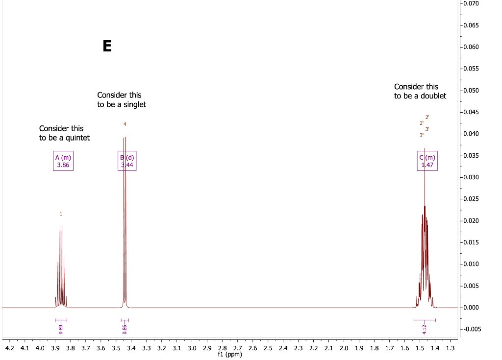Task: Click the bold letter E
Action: pyautogui.click(x=107, y=46)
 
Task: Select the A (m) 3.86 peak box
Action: pyautogui.click(x=63, y=161)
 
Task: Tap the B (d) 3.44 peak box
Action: pyautogui.click(x=127, y=161)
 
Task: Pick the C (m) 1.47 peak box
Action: pyautogui.click(x=427, y=161)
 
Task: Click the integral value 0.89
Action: pyautogui.click(x=61, y=329)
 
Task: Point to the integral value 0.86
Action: pyautogui.click(x=125, y=329)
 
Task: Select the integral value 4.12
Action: pyautogui.click(x=425, y=329)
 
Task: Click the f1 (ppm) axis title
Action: pyautogui.click(x=230, y=354)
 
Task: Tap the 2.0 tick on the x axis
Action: pyautogui.click(x=344, y=348)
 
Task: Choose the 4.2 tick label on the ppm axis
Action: pyautogui.click(x=10, y=348)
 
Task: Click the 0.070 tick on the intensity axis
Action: pyautogui.click(x=471, y=4)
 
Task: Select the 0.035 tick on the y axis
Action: pyautogui.click(x=471, y=156)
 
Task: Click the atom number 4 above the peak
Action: pyautogui.click(x=125, y=124)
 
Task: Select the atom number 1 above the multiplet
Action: pyautogui.click(x=61, y=214)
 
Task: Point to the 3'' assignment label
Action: pyautogui.click(x=422, y=135)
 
